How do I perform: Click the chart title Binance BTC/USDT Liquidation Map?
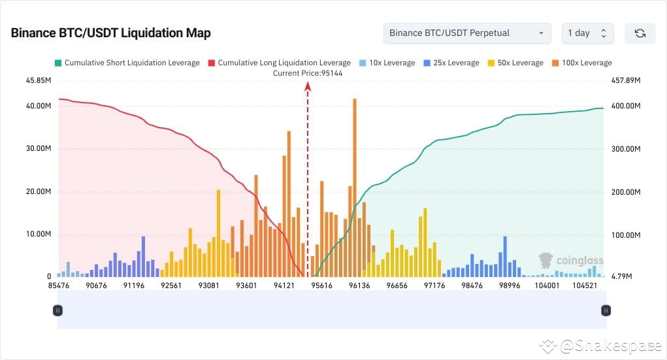[110, 33]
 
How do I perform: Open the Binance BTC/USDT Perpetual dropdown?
[467, 33]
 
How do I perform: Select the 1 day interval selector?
[587, 33]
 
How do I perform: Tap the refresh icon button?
[640, 33]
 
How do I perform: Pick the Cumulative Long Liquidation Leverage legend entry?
[279, 63]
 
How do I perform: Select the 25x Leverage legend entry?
[451, 63]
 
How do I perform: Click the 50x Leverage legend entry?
[515, 63]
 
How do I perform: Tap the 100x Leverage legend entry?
[582, 63]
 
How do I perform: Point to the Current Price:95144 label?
[307, 73]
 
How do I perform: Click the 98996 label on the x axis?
[509, 286]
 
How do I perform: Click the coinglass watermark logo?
[570, 261]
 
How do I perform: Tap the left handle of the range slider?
[57, 310]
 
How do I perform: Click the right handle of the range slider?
[606, 310]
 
